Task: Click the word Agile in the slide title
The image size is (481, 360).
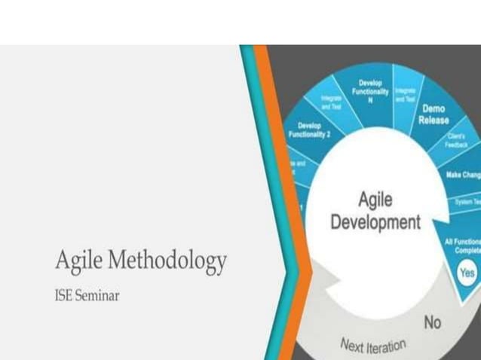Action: coord(78,261)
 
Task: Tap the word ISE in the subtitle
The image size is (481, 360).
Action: coord(63,295)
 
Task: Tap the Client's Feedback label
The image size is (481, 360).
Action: coord(457,140)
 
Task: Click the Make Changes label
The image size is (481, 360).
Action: coord(463,175)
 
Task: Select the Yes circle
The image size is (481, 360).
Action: coord(467,272)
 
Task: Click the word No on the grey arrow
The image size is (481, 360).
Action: coord(432,322)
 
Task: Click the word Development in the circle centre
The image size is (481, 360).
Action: coord(375,222)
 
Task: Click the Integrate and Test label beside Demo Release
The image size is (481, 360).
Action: coord(405,94)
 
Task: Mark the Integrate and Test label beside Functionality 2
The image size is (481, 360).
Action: coord(331,102)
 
